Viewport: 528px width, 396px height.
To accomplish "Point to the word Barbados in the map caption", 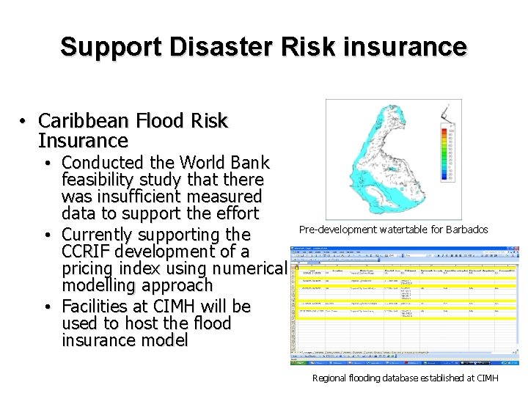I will click(x=466, y=230).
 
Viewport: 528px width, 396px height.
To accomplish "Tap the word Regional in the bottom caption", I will click(x=331, y=378).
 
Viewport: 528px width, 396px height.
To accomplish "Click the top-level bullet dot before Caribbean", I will click(x=24, y=121).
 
